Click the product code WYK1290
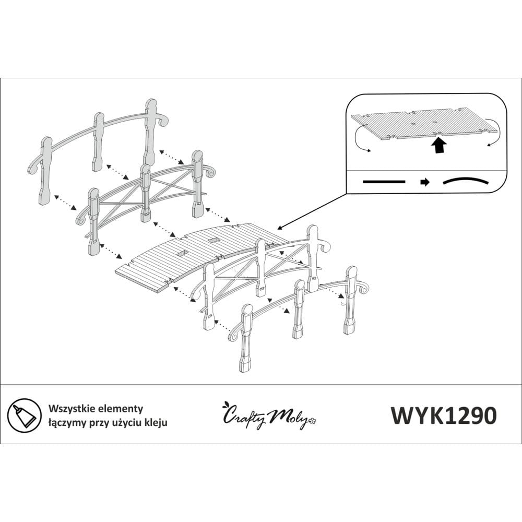443,416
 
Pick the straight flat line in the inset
384,182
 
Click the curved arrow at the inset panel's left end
360,139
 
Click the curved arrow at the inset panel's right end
494,136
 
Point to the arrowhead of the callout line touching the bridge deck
280,228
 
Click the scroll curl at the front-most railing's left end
234,334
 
